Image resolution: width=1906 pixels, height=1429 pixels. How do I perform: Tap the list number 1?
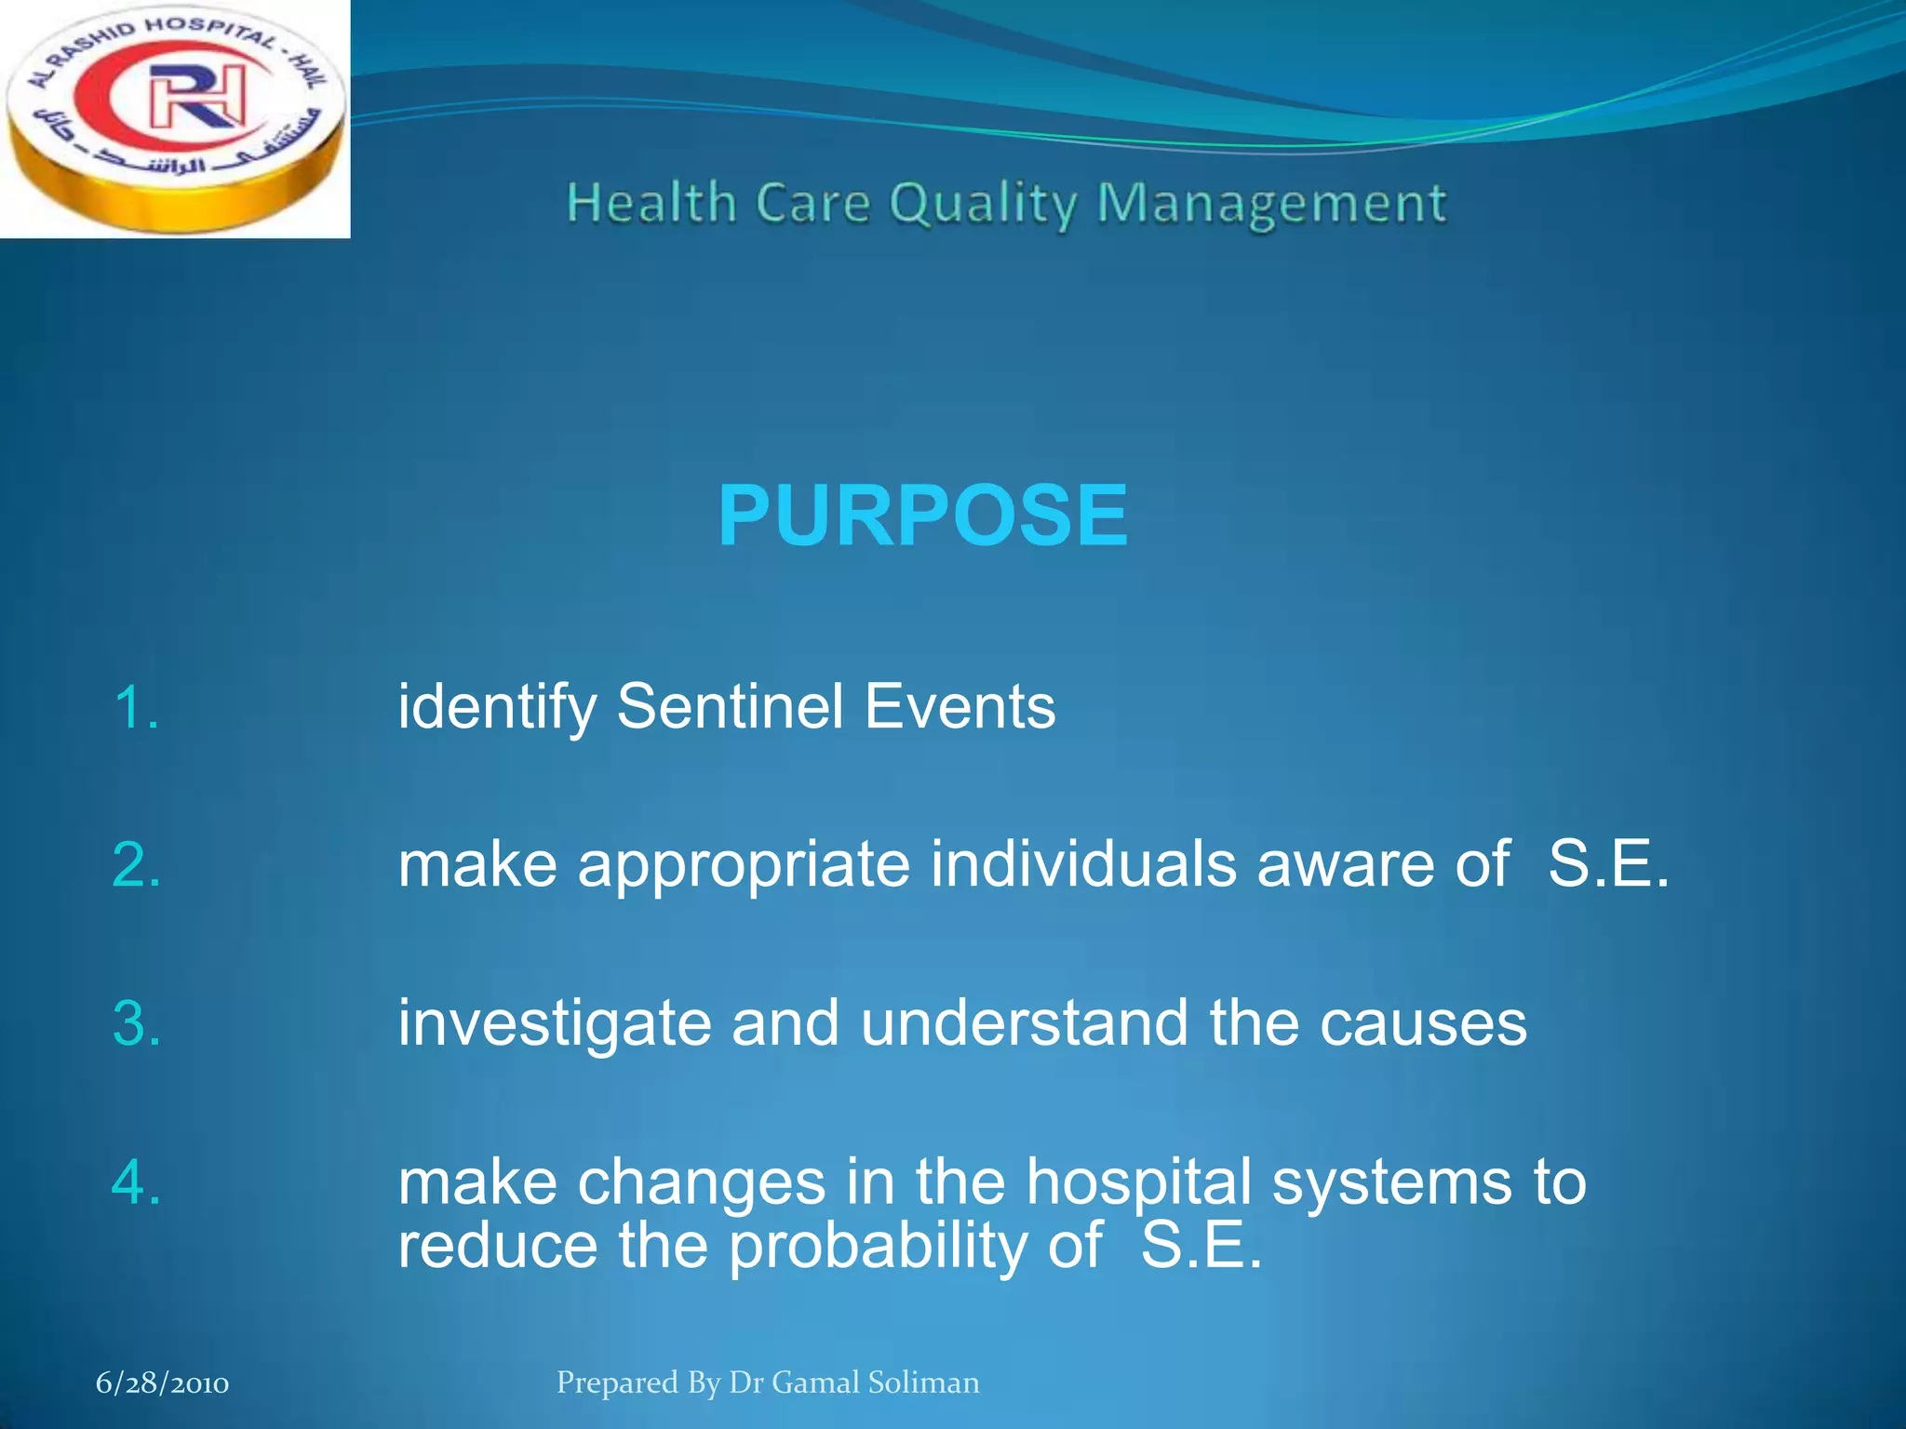(x=136, y=707)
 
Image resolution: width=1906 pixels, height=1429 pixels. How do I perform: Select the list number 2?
(x=136, y=865)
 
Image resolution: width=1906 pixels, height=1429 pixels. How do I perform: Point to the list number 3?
(x=136, y=1023)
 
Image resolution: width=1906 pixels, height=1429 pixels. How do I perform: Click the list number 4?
(x=136, y=1182)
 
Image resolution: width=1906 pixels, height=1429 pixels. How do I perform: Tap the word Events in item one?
(x=960, y=707)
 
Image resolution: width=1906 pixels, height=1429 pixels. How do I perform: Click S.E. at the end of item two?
(x=1608, y=865)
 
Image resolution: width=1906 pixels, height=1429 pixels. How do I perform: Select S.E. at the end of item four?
(x=1201, y=1247)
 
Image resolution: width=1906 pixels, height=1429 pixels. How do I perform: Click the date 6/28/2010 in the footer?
(x=162, y=1383)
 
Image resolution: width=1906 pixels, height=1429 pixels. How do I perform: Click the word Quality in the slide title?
(x=983, y=205)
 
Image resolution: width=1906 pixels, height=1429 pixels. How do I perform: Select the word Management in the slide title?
(x=1271, y=205)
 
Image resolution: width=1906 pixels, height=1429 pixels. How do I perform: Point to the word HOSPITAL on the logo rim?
(x=210, y=30)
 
